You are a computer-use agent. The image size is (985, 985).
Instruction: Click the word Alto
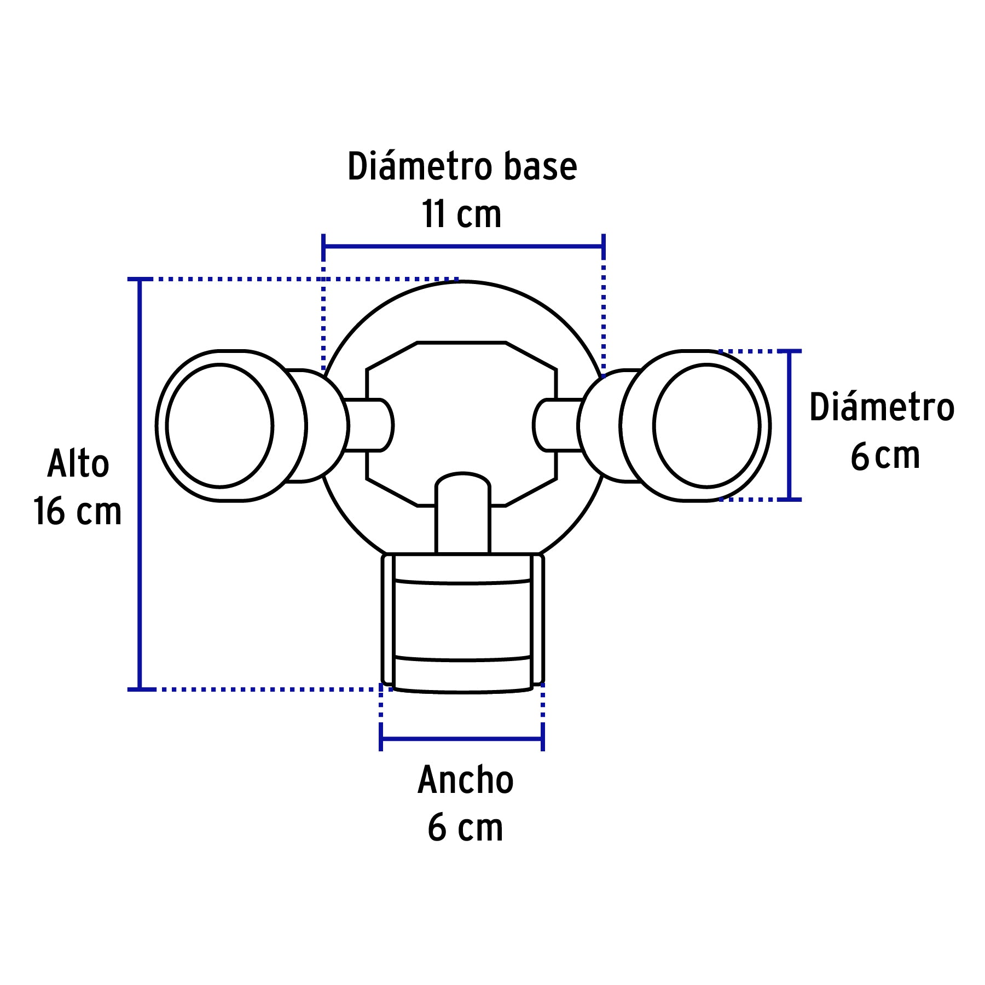click(x=78, y=463)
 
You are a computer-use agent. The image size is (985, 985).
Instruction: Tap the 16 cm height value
click(x=77, y=512)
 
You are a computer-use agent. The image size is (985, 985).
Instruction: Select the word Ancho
click(x=466, y=780)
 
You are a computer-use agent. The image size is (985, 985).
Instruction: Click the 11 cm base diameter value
click(x=462, y=214)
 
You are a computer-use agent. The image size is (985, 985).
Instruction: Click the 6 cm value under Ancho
click(x=465, y=828)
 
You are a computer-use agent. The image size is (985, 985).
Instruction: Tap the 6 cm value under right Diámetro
click(x=885, y=456)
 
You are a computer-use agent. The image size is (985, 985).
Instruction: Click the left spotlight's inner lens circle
click(x=219, y=425)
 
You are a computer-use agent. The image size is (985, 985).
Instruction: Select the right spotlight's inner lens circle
click(x=706, y=425)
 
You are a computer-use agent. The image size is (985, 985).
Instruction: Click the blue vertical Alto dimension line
click(x=140, y=484)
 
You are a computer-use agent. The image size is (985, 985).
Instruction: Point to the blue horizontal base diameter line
click(x=463, y=246)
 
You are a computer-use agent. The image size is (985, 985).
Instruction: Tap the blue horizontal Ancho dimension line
click(x=462, y=740)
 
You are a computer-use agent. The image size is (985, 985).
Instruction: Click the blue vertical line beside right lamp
click(x=789, y=425)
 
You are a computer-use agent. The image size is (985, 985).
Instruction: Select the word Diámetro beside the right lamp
click(x=882, y=407)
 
